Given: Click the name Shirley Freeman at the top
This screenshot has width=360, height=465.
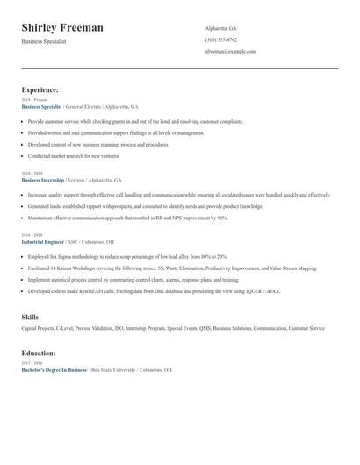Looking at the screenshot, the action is [62, 28].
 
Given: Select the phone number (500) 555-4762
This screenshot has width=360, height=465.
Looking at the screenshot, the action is [220, 40].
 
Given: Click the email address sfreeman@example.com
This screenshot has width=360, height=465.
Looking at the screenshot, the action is [230, 52].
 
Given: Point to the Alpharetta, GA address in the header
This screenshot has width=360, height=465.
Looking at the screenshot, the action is [221, 29].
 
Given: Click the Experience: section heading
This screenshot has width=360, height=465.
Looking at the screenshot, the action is [40, 89].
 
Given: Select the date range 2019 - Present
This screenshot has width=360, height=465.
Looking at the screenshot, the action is [33, 99].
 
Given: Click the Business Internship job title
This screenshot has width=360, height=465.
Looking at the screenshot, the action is [44, 180].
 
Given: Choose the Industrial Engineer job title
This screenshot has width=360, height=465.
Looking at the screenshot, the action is [42, 241].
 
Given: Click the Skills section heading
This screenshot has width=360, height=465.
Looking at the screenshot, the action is [31, 316].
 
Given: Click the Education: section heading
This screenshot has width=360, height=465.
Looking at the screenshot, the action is [39, 353].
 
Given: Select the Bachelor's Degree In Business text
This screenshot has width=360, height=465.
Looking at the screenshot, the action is [54, 370].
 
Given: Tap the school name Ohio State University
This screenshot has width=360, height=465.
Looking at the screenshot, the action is [112, 370].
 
